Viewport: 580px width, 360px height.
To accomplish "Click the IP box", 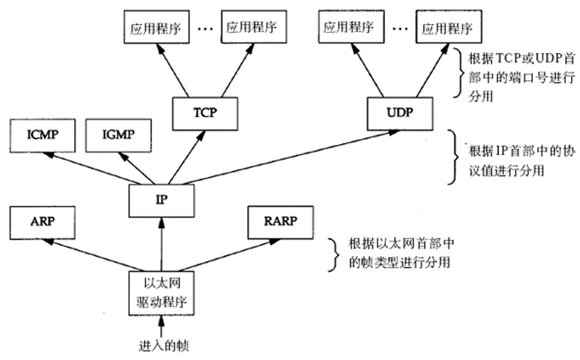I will coord(161,199).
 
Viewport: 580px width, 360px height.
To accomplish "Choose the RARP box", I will coord(282,222).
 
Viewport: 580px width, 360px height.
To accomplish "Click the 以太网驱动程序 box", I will coord(161,293).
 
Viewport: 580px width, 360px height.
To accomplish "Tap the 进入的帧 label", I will coord(161,346).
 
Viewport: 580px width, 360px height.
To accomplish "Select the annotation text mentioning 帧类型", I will coord(399,254).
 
